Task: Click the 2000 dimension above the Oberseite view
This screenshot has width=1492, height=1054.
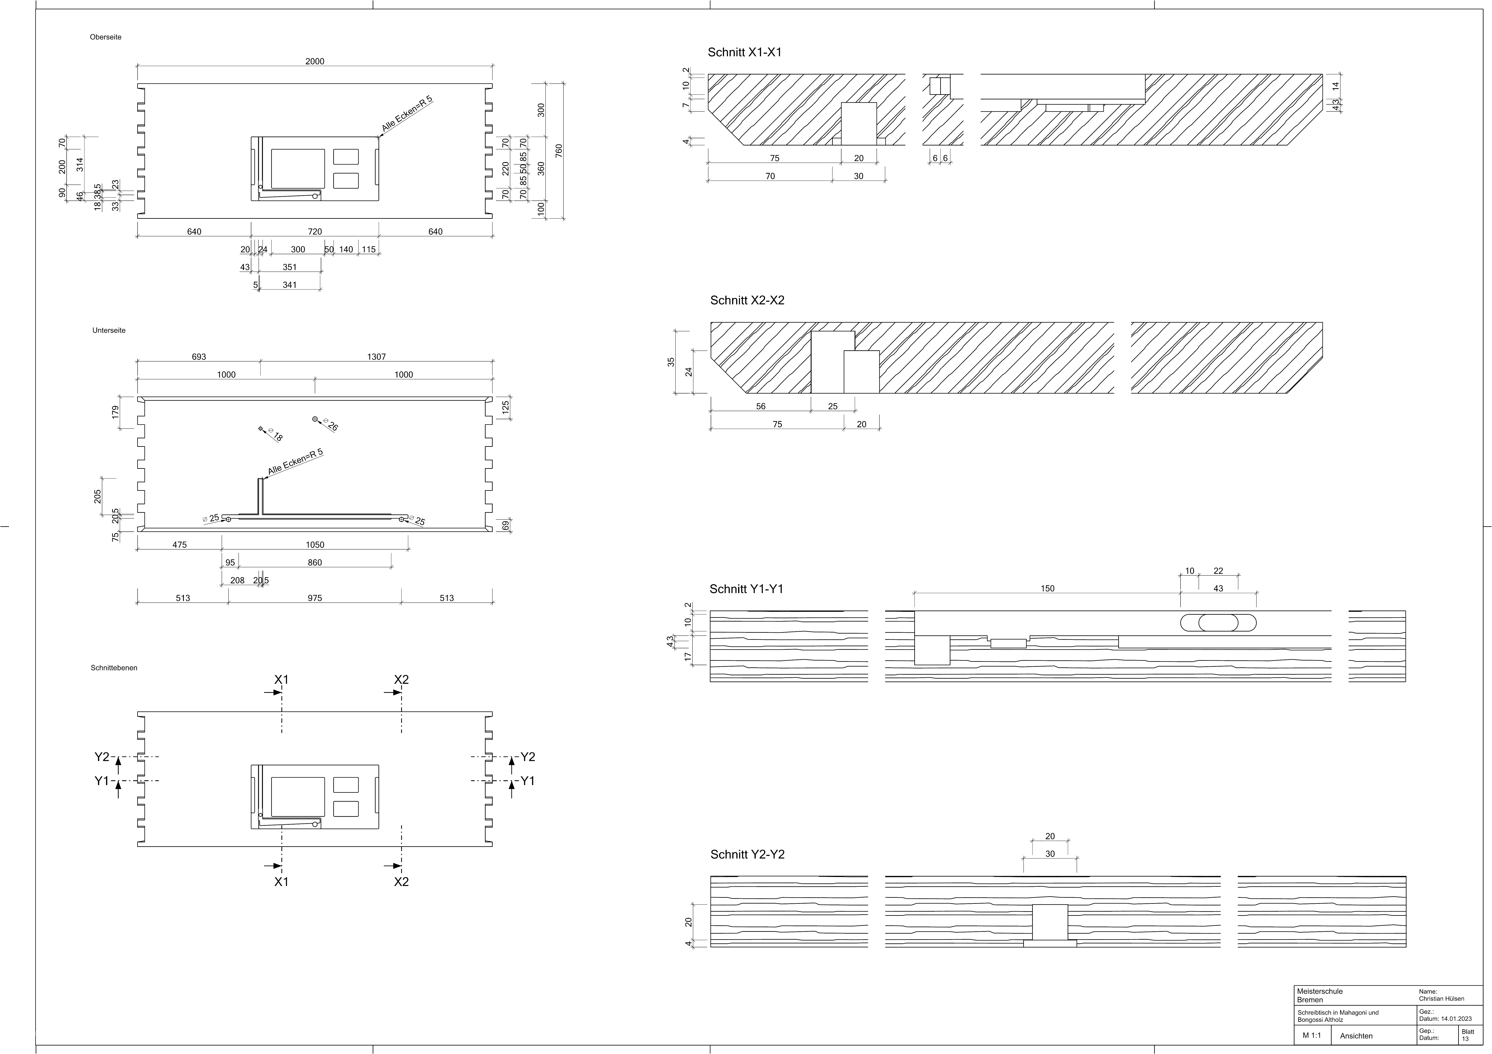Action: pyautogui.click(x=315, y=62)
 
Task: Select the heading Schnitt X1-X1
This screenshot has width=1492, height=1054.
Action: pyautogui.click(x=745, y=52)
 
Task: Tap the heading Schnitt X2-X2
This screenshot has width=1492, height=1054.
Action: pyautogui.click(x=747, y=300)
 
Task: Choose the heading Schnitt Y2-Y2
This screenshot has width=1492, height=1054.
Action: pyautogui.click(x=747, y=855)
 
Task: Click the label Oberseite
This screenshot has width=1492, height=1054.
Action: pyautogui.click(x=105, y=37)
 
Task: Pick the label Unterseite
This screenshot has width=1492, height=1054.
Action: pyautogui.click(x=109, y=330)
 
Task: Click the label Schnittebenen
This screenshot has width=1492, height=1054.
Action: pyautogui.click(x=114, y=667)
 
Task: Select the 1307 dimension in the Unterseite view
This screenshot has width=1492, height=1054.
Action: pyautogui.click(x=376, y=357)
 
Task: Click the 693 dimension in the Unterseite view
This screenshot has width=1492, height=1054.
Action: pyautogui.click(x=199, y=357)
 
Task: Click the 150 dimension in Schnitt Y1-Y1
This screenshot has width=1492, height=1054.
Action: pyautogui.click(x=1048, y=589)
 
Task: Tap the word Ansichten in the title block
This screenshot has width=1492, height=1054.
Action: pyautogui.click(x=1356, y=1036)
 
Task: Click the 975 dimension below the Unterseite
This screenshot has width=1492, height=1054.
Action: pyautogui.click(x=315, y=598)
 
